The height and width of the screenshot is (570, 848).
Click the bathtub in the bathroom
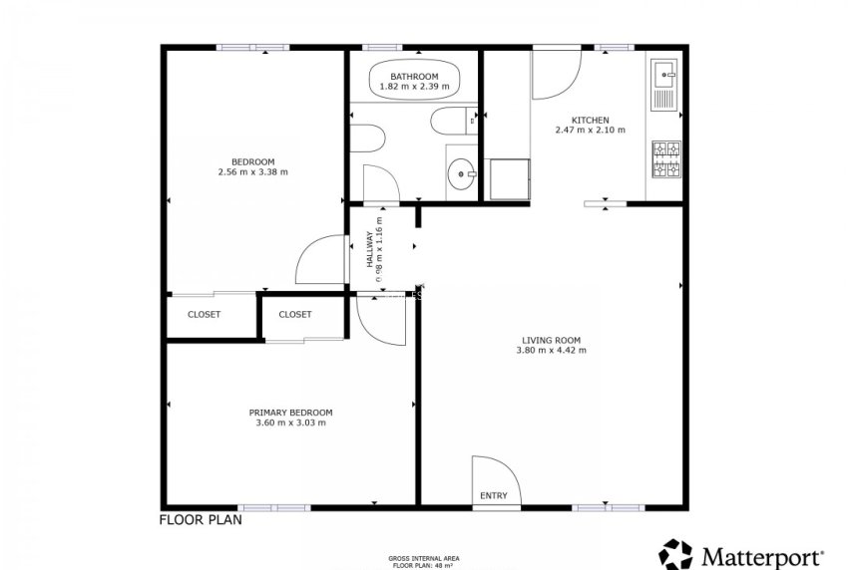[x=414, y=80]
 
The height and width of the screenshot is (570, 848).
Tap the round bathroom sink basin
[x=462, y=173]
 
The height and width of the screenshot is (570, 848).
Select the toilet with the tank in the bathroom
[x=448, y=124]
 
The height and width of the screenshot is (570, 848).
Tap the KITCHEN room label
[x=590, y=120]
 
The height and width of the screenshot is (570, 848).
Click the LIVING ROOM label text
[x=550, y=339]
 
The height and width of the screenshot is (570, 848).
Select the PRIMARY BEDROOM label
[x=290, y=413]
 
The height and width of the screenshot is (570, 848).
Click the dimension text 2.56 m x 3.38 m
[x=252, y=172]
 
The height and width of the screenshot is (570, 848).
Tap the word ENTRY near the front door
[x=493, y=495]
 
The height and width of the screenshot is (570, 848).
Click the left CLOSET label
[x=205, y=315]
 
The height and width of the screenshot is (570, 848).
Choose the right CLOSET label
[x=294, y=315]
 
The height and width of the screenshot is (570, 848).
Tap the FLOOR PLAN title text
[x=200, y=519]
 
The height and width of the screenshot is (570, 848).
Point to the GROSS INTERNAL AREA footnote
[x=424, y=559]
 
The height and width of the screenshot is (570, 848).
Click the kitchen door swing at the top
[x=555, y=76]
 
